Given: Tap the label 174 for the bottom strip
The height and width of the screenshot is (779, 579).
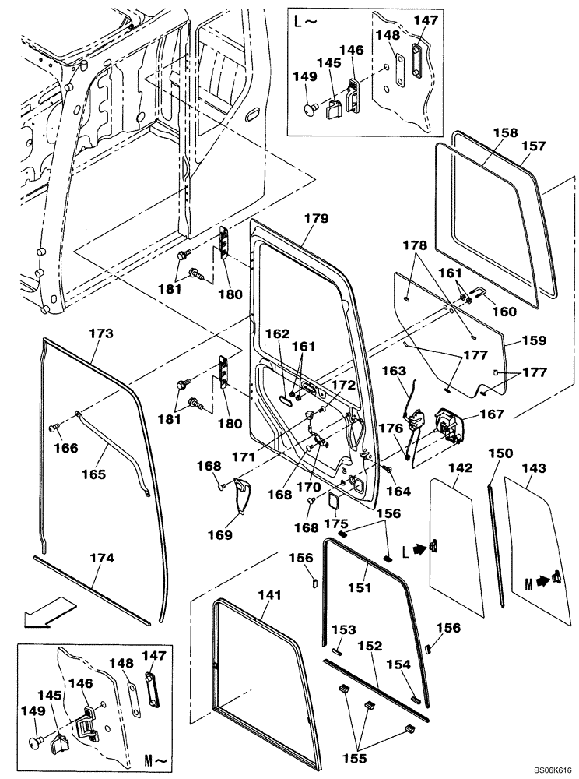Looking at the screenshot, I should [101, 559].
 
